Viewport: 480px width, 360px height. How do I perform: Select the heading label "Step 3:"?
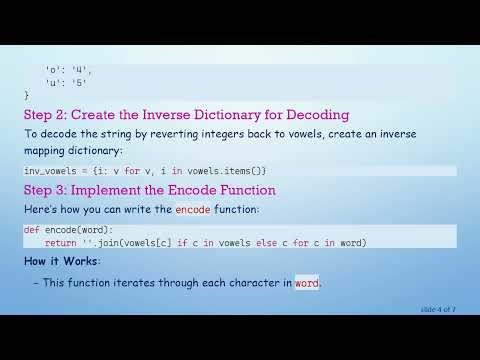tap(49, 189)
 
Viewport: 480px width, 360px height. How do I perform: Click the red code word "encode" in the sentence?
tap(192, 210)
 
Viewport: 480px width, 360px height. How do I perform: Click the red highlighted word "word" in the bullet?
tap(306, 283)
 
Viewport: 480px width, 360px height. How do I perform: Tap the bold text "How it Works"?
tap(61, 261)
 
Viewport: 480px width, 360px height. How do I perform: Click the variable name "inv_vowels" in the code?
tap(48, 170)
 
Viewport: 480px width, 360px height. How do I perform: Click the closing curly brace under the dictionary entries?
tap(27, 94)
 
